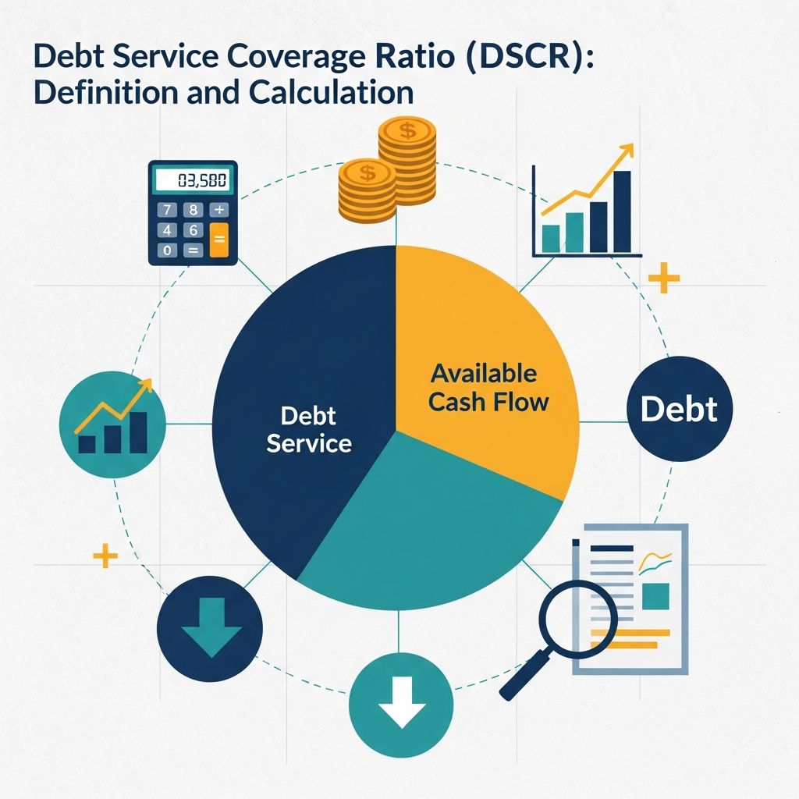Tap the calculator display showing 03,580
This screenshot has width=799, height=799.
coord(191,182)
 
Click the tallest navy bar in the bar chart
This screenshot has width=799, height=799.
coord(622,212)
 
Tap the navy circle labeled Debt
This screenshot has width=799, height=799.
coord(679,410)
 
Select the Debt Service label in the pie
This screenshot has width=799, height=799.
coord(308,430)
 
